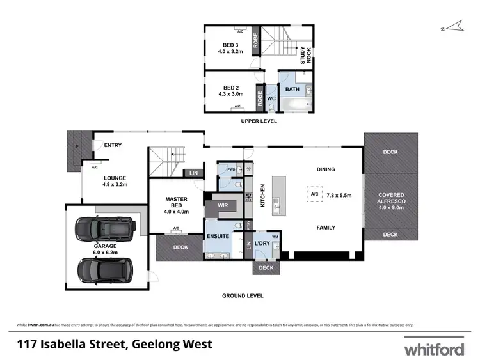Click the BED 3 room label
[229, 45]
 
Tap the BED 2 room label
[229, 88]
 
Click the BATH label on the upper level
[292, 90]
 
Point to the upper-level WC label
[271, 98]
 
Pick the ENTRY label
[113, 145]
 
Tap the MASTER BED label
[176, 202]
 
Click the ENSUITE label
[218, 237]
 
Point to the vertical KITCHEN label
[262, 196]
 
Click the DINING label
[326, 169]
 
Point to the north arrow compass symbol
[453, 26]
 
